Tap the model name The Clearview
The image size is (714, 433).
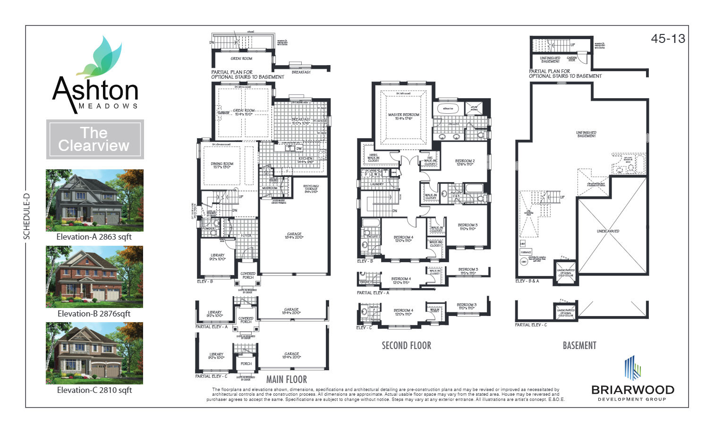coord(94,139)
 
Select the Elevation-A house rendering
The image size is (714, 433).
coord(94,200)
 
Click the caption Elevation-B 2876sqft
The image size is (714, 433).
coord(94,314)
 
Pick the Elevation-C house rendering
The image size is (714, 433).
coord(94,353)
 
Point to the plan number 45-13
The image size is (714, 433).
coord(668,39)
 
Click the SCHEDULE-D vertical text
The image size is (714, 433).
coord(27,216)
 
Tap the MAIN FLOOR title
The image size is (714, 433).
coord(286,380)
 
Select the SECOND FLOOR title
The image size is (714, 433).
coord(406,346)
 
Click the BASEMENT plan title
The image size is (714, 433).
coord(579,346)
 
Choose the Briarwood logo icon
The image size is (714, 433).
coord(632,368)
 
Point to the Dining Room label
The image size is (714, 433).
coord(222,165)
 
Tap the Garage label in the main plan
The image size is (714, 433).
coord(294,235)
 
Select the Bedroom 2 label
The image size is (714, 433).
coord(465,162)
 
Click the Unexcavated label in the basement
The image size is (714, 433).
coord(608,231)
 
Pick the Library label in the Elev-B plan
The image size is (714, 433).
coord(218,257)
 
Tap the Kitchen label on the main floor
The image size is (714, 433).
coord(305,160)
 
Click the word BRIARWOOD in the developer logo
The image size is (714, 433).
coord(632,390)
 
